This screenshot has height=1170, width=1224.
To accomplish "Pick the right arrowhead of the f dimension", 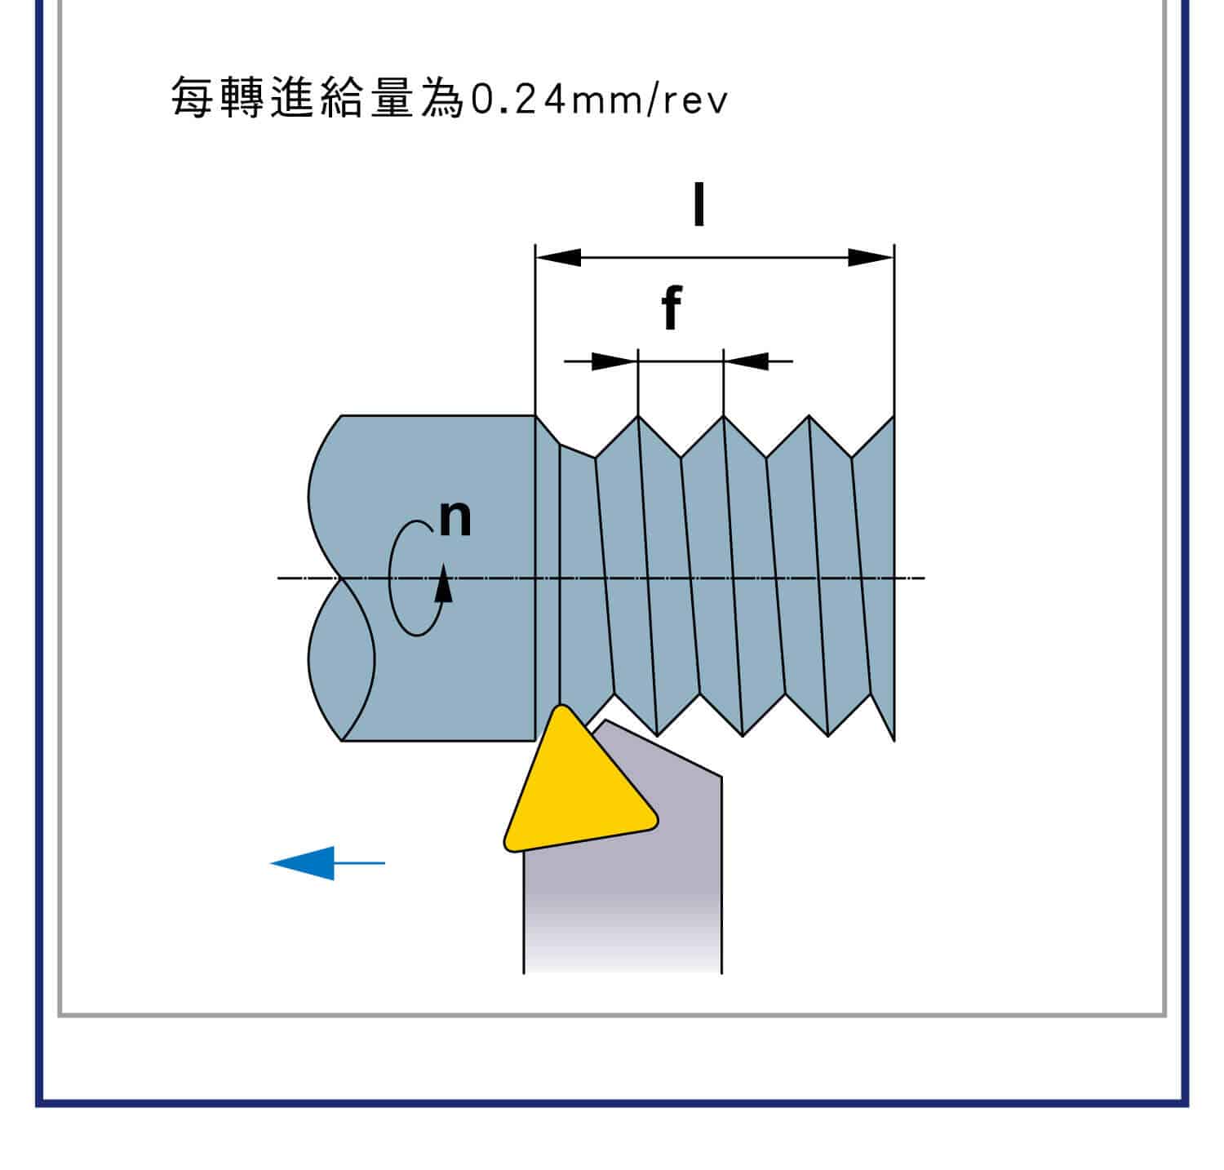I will [747, 361].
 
